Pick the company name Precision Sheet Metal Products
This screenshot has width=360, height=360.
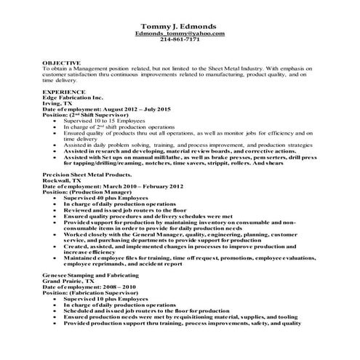click(x=88, y=176)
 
